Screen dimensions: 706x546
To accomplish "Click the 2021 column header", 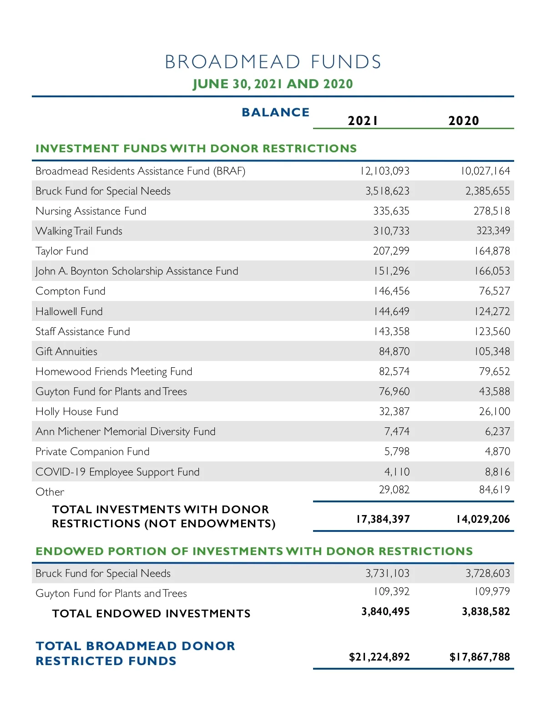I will click(363, 120).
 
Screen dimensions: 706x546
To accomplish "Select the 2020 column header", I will click(464, 120).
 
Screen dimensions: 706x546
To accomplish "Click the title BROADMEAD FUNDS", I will click(273, 62).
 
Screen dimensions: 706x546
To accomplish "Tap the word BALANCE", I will click(275, 112).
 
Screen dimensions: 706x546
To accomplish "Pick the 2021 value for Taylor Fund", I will click(391, 251).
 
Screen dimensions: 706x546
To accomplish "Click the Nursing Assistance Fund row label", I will click(91, 211).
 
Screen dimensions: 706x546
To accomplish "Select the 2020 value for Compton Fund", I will click(494, 291).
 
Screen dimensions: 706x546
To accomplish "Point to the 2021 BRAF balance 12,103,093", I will click(385, 171).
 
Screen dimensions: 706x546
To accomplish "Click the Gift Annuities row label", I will click(66, 351).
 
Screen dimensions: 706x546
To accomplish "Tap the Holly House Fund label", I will click(77, 411).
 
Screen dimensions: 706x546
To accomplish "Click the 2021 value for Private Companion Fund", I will click(397, 451).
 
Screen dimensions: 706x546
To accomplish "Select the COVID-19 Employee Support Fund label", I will click(117, 472).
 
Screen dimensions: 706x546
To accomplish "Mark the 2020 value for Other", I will click(494, 490).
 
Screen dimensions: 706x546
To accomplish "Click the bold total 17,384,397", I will click(383, 519).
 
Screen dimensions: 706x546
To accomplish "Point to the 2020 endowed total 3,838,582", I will click(485, 611).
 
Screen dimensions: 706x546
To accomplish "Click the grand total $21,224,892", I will click(379, 657).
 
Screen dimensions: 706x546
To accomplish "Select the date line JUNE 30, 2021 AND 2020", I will click(273, 84).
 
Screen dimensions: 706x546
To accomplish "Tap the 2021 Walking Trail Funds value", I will click(391, 231).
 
